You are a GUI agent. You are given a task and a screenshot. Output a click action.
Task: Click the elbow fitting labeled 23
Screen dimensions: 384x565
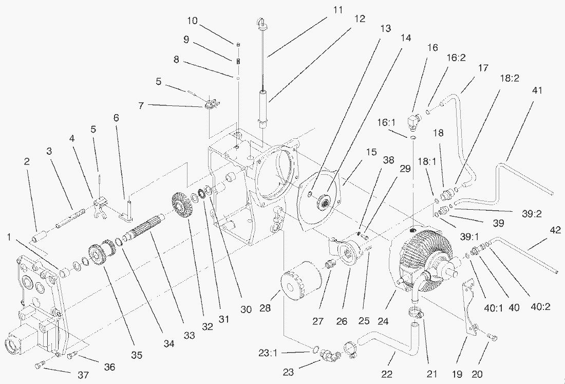(327, 355)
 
